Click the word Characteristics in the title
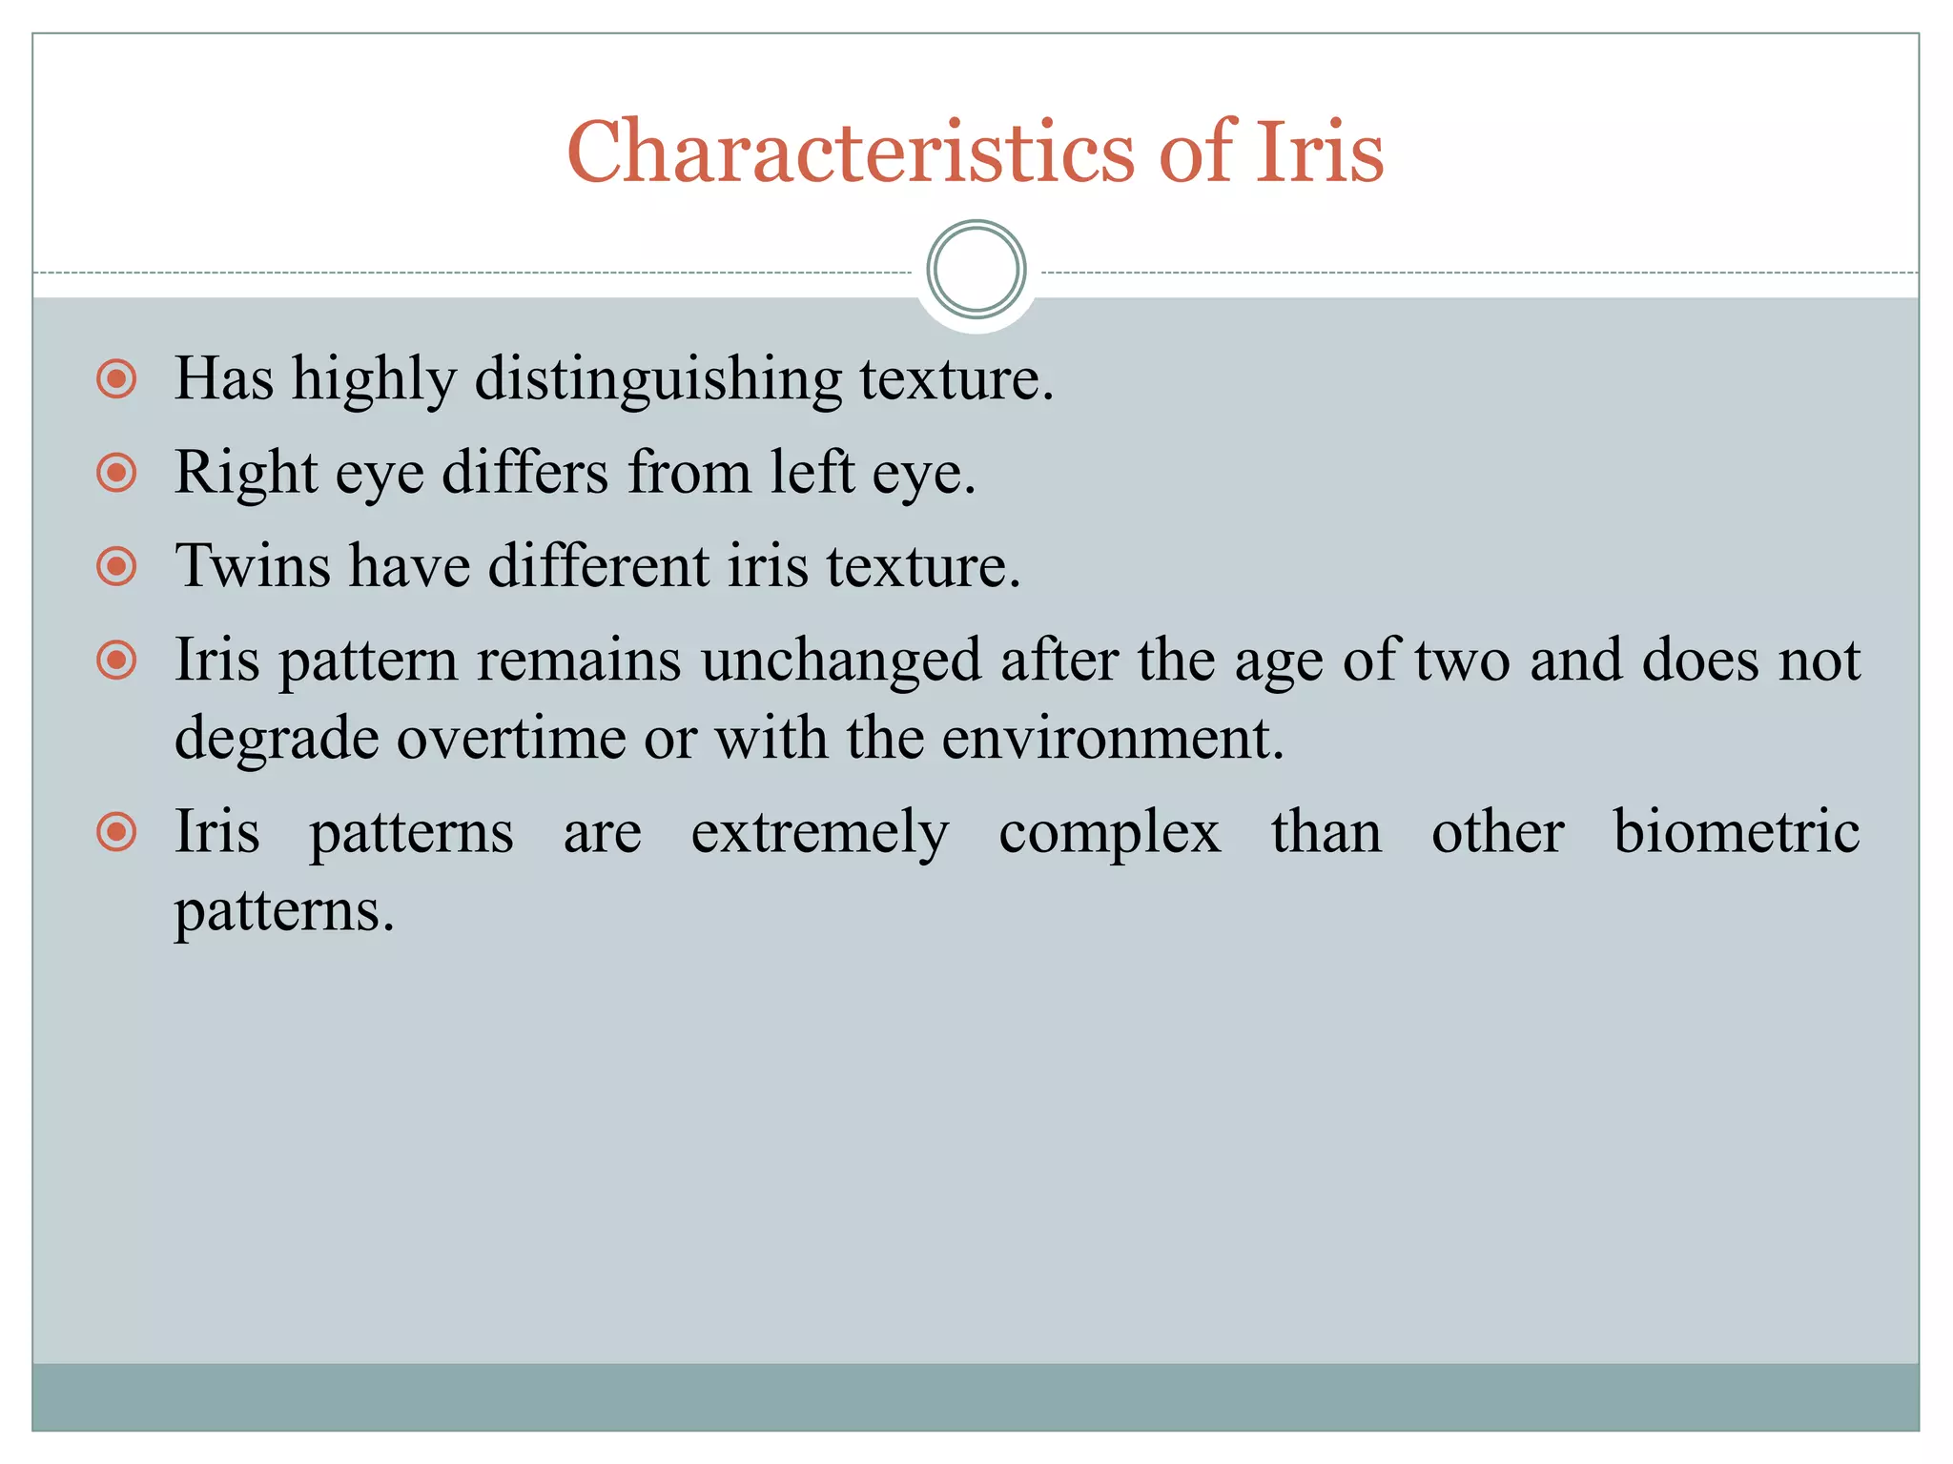pyautogui.click(x=851, y=152)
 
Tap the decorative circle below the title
pyautogui.click(x=976, y=270)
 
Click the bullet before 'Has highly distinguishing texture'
pyautogui.click(x=116, y=378)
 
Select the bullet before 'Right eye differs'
pyautogui.click(x=116, y=472)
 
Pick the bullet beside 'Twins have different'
pyautogui.click(x=116, y=566)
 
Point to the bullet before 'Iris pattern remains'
pyautogui.click(x=116, y=660)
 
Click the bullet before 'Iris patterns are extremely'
pyautogui.click(x=116, y=832)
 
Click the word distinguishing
pyautogui.click(x=658, y=380)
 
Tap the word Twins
pyautogui.click(x=253, y=565)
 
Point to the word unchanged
pyautogui.click(x=841, y=661)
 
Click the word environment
pyautogui.click(x=1112, y=739)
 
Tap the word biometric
pyautogui.click(x=1736, y=831)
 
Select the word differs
pyautogui.click(x=524, y=472)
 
